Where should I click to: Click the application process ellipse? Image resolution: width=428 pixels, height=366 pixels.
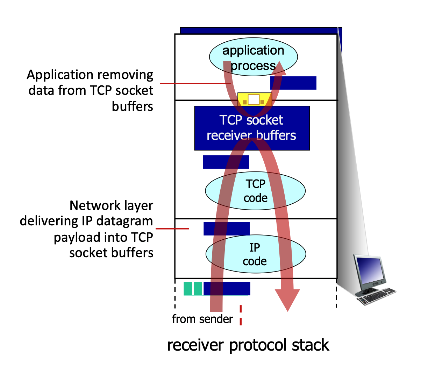tap(253, 57)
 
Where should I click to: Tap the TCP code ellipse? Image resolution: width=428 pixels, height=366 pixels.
tap(255, 191)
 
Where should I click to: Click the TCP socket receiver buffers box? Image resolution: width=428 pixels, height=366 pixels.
tap(252, 128)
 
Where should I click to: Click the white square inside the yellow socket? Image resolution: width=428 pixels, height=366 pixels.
tap(254, 100)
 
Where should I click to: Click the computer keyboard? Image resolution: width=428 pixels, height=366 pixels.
tap(377, 296)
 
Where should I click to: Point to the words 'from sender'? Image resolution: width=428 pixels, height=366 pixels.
tap(202, 319)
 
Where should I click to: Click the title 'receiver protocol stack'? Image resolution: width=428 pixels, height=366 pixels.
tap(248, 345)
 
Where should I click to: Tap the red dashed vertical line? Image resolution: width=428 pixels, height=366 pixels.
tap(241, 315)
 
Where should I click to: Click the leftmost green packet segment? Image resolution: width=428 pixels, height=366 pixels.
tap(188, 289)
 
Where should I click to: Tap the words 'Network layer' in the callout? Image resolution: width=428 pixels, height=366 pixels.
tap(111, 205)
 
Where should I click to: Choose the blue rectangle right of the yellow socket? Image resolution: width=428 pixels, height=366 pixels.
tap(293, 83)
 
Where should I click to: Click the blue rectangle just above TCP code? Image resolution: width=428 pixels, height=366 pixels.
tap(226, 162)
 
